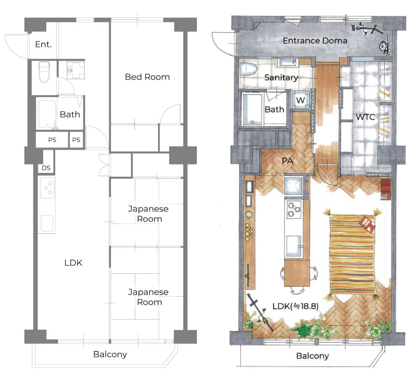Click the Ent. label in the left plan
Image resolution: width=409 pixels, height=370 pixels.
(x=43, y=45)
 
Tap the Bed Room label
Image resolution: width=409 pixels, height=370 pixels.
(x=147, y=77)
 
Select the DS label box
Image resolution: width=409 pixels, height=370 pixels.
(x=46, y=168)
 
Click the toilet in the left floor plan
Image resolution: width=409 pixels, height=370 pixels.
(x=44, y=72)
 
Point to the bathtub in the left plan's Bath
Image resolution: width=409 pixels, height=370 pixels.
(x=47, y=114)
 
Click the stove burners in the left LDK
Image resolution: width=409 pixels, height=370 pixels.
(x=48, y=187)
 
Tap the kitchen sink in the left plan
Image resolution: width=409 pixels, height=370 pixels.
(x=47, y=223)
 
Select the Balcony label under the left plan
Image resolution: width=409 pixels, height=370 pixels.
(x=110, y=355)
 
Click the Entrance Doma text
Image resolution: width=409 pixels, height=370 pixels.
(x=315, y=41)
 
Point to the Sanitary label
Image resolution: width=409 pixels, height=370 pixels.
(x=281, y=78)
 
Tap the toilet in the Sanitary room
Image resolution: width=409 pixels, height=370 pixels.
(x=249, y=69)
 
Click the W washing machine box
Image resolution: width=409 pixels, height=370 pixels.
(x=300, y=100)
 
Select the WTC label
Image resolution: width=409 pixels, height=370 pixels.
(x=366, y=117)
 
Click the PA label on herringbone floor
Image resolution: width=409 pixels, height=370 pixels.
(x=288, y=161)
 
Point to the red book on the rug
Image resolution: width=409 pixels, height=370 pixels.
(x=368, y=224)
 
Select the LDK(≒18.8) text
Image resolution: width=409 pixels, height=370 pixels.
(x=295, y=306)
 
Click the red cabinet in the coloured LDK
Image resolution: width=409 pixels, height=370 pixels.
(x=386, y=189)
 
